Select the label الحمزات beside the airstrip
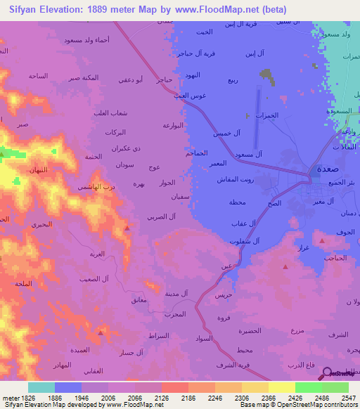click(266, 115)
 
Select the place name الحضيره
click(269, 330)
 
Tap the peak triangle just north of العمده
click(101, 333)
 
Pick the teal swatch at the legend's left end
click(41, 387)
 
